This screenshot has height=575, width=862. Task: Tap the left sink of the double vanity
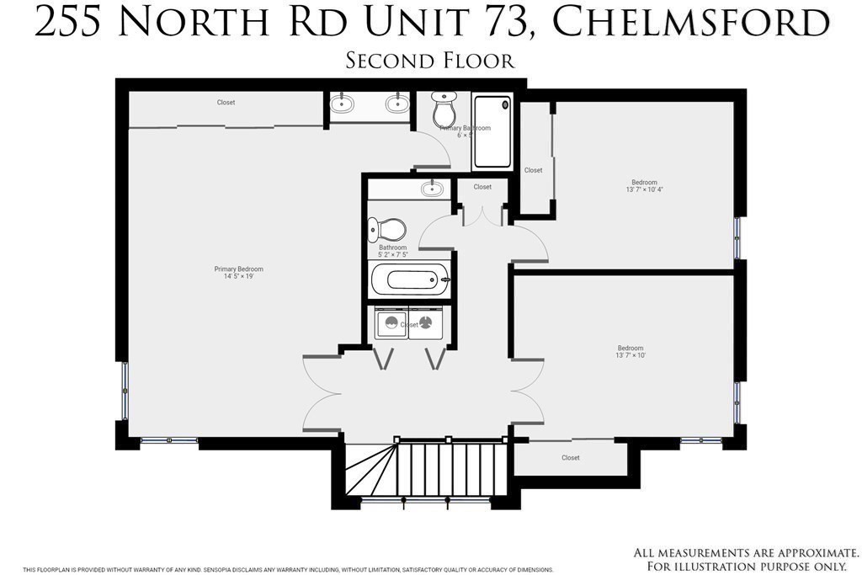(x=341, y=105)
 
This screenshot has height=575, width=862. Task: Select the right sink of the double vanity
(x=396, y=105)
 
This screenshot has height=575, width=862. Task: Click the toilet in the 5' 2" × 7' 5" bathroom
(x=388, y=229)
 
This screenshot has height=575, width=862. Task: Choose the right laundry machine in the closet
(x=425, y=323)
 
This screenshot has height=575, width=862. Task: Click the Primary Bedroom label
(x=238, y=269)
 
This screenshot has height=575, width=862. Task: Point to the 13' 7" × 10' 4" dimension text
(x=644, y=190)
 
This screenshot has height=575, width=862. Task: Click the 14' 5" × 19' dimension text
(x=238, y=277)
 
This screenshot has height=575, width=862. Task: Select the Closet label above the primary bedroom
(x=226, y=103)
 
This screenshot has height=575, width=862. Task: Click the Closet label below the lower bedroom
(x=570, y=458)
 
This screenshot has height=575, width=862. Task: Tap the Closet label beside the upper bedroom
(x=533, y=170)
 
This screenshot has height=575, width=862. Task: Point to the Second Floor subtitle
(x=430, y=61)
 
